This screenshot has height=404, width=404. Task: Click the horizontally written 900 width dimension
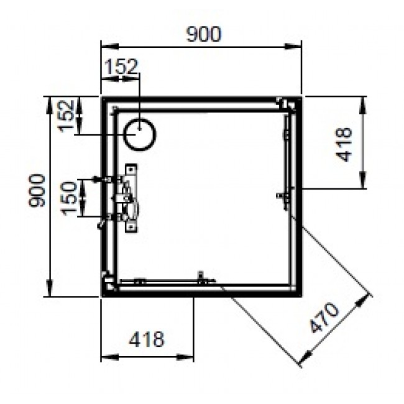coord(203,35)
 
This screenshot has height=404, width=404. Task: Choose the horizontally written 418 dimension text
coord(147,339)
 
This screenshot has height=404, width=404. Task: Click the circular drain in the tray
coord(140,134)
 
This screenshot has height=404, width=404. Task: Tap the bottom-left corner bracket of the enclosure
coord(109,283)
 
